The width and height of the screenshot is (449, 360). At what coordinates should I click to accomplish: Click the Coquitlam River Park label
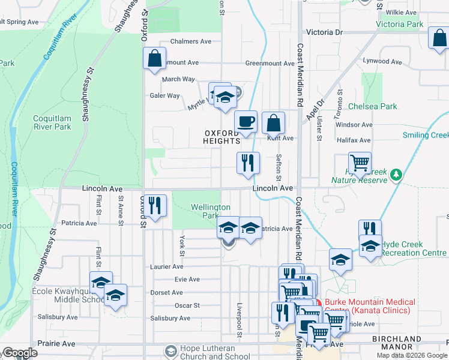[52, 122]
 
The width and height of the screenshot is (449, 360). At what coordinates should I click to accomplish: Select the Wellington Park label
[210, 211]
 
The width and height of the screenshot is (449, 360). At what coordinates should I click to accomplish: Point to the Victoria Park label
[399, 25]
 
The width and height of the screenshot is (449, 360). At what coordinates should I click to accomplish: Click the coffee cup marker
[246, 122]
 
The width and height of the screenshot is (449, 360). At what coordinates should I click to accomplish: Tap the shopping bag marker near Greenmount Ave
[154, 59]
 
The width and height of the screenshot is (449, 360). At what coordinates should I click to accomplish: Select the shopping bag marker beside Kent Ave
[273, 124]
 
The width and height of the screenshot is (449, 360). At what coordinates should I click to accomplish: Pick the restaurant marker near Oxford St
[156, 206]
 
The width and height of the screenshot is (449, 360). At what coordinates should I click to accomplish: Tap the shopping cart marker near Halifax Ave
[360, 163]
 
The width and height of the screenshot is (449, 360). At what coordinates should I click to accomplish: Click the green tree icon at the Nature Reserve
[395, 175]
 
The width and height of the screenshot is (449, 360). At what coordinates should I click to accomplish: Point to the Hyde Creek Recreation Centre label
[411, 249]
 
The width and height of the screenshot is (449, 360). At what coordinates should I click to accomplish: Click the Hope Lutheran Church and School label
[208, 351]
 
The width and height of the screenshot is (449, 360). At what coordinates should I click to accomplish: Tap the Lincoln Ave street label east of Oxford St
[273, 188]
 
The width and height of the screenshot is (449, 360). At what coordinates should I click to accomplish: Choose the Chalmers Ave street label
[191, 41]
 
